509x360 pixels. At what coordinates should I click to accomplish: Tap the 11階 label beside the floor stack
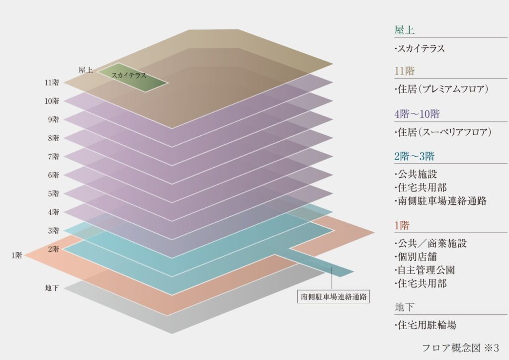[52, 83]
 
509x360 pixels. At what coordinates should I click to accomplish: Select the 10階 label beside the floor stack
[52, 101]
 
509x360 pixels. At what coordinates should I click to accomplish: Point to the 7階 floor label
[53, 157]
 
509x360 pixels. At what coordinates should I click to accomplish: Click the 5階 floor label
[53, 193]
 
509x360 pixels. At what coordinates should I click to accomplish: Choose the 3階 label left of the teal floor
[53, 231]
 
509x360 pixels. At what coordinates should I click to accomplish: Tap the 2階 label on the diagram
[53, 249]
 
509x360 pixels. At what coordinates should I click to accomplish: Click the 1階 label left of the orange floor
[16, 256]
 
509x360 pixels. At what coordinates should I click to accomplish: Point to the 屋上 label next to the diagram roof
[85, 70]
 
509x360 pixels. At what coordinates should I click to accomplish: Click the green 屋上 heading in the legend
[404, 30]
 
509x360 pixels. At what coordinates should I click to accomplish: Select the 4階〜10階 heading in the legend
[417, 114]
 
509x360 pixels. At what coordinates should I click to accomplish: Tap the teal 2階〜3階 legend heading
[414, 156]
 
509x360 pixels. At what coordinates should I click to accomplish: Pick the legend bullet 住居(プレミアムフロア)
[441, 90]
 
